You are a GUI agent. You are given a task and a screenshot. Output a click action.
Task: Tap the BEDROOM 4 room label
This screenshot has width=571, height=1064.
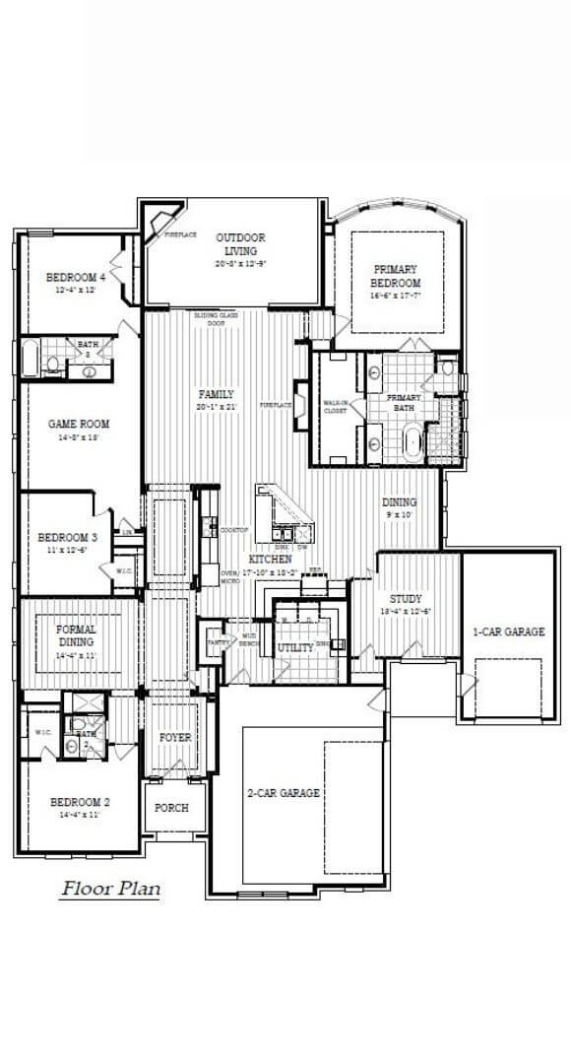76,278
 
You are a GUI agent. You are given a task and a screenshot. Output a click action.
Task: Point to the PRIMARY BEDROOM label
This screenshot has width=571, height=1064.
395,276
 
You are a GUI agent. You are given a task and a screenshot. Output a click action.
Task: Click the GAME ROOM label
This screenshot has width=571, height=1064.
80,425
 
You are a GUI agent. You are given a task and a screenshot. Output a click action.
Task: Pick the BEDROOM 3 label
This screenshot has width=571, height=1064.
67,537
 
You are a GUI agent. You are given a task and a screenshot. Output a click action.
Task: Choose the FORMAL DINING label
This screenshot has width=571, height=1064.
75,634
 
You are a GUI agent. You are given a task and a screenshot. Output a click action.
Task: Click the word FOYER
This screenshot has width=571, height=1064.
175,737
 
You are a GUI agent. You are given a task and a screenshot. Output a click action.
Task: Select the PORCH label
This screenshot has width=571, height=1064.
171,808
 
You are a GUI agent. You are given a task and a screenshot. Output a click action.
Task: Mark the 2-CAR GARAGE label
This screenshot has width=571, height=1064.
283,793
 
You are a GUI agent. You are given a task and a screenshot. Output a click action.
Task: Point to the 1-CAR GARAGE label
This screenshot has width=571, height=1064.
508,632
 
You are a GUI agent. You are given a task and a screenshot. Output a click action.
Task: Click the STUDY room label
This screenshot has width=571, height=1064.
405,597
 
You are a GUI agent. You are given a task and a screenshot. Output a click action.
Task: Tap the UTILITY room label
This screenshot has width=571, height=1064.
295,648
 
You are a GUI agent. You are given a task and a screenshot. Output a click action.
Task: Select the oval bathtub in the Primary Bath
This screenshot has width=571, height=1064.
413,444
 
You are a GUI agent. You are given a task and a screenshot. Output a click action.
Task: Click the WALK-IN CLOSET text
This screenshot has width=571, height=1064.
336,406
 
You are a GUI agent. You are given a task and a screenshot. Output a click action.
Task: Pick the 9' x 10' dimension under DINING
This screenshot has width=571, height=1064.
400,513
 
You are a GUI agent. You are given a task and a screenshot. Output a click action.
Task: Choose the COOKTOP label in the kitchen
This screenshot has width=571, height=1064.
234,529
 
